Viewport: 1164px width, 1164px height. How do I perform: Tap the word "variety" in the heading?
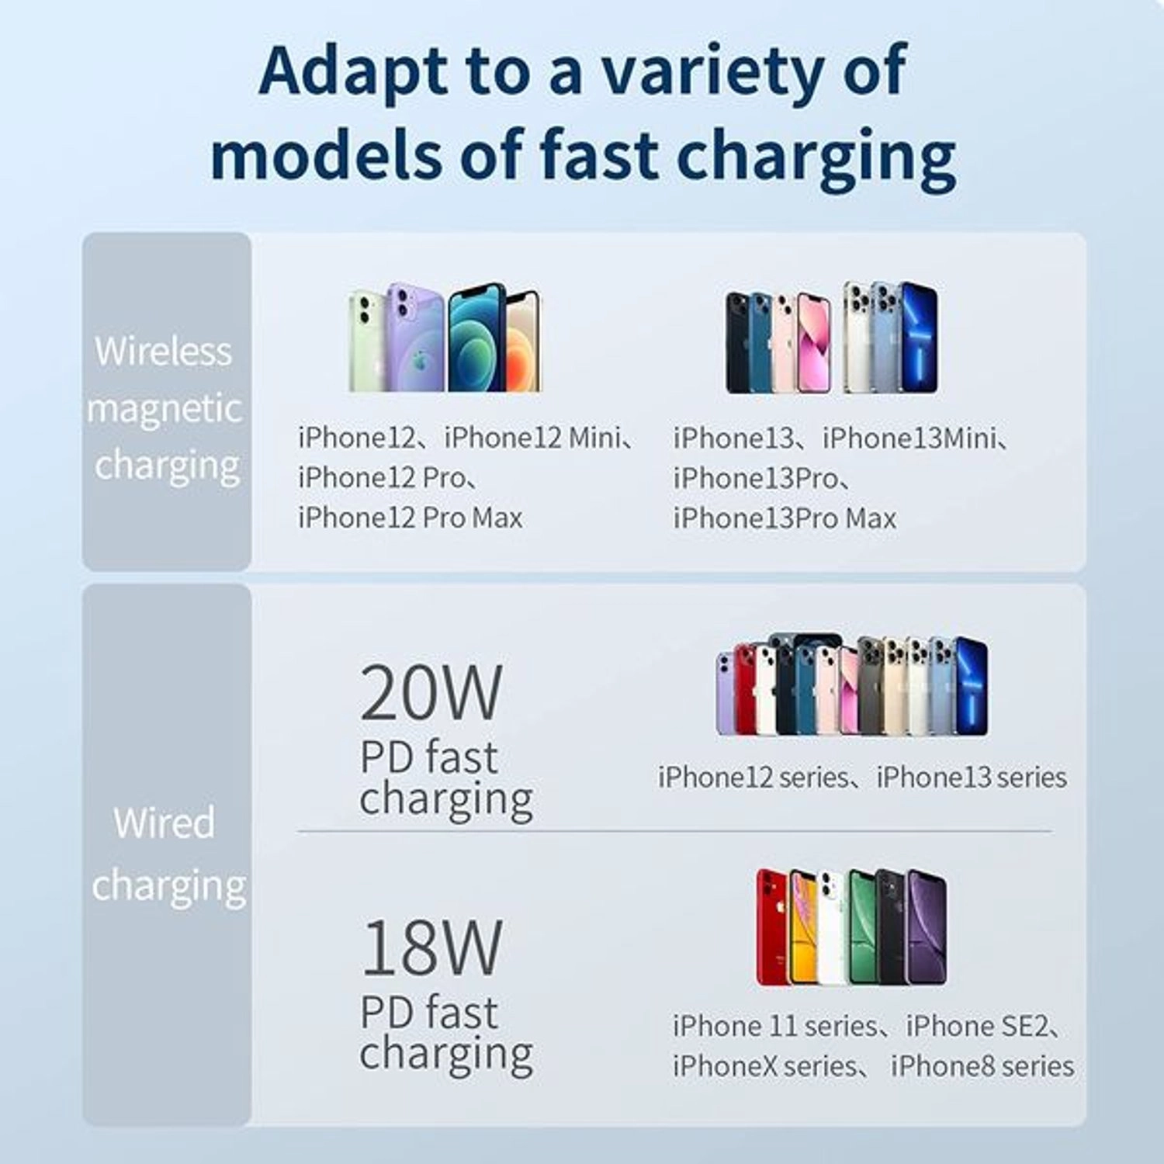[702, 71]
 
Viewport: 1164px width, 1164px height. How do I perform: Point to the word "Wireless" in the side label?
[164, 352]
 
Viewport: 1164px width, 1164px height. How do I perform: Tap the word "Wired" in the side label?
[164, 823]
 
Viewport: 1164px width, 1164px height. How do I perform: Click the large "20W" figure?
[431, 693]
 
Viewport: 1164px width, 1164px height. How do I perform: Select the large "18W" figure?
[431, 947]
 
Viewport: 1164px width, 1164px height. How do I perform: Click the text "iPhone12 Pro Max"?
[411, 518]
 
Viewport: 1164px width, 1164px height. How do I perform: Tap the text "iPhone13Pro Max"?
[785, 518]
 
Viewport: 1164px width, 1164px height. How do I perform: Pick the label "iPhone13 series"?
[972, 778]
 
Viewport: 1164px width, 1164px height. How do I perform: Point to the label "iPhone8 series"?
[982, 1067]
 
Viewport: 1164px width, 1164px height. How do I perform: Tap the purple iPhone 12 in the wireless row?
[415, 338]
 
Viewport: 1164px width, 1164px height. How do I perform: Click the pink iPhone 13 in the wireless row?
[813, 343]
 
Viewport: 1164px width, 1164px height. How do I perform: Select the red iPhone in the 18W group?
[773, 927]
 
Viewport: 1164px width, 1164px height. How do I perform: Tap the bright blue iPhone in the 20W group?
[972, 687]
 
